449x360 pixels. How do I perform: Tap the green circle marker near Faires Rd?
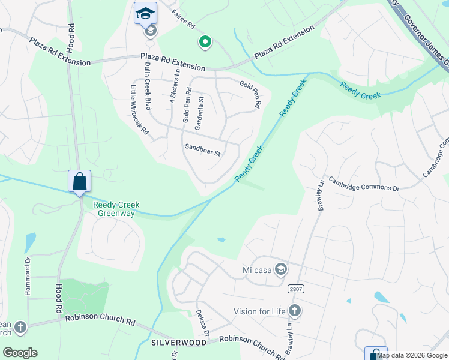(205, 42)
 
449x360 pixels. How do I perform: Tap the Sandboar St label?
(203, 150)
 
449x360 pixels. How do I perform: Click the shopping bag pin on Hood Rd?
(80, 180)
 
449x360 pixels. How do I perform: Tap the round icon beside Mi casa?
(280, 269)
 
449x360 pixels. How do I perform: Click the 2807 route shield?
(295, 289)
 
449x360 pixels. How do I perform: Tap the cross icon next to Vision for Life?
(294, 311)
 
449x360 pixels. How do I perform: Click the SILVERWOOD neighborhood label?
(179, 342)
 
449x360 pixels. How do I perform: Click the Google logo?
(20, 353)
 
